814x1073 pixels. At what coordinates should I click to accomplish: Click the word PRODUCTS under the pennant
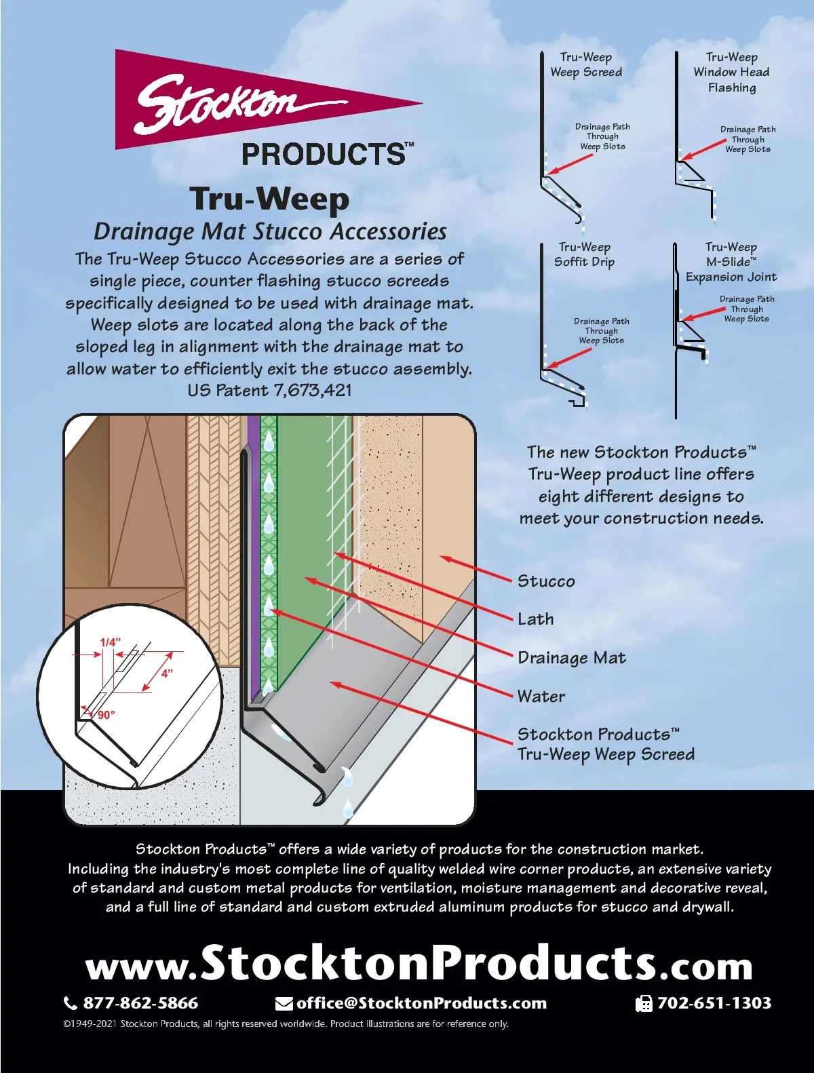click(x=324, y=155)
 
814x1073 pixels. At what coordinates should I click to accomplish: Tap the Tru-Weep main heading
click(x=269, y=199)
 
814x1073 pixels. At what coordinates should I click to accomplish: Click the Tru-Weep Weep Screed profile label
click(x=586, y=64)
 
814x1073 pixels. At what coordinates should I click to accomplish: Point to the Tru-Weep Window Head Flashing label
click(x=731, y=72)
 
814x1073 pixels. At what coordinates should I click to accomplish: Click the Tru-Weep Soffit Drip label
click(x=584, y=254)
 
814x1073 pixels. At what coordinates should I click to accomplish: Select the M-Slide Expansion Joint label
click(x=731, y=262)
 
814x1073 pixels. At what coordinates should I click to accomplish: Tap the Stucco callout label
click(x=546, y=581)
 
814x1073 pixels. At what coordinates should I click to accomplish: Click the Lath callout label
click(x=536, y=619)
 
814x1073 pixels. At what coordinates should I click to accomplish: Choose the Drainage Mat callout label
click(x=571, y=658)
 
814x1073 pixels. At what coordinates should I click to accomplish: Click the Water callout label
click(x=541, y=697)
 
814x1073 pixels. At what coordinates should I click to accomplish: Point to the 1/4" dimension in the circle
click(x=110, y=642)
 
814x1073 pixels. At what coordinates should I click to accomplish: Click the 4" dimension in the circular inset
click(x=167, y=674)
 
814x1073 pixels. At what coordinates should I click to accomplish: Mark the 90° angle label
click(x=106, y=715)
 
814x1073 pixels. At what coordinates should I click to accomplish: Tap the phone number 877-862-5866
click(x=140, y=1003)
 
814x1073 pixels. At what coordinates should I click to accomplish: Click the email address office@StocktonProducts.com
click(x=421, y=1003)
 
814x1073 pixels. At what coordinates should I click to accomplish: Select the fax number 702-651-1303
click(x=714, y=1003)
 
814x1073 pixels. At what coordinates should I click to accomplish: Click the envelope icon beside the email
click(x=284, y=1004)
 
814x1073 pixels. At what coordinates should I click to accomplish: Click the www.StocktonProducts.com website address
click(x=419, y=964)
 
